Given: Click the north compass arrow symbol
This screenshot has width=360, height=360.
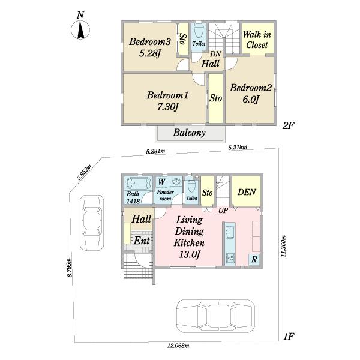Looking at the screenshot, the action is pos(80,30).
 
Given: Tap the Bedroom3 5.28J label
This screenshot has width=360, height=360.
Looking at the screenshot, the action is pos(150,47).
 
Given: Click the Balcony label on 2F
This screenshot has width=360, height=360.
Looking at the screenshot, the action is pos(190,133).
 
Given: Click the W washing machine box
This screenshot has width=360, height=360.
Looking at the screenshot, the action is pos(162,182).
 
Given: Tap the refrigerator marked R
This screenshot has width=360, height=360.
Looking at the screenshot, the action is pos(254,260).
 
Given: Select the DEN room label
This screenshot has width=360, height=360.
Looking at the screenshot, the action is pos(247,192).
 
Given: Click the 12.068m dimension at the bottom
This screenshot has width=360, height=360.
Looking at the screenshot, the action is pos(178,346).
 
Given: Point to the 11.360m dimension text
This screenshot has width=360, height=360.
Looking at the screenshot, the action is pos(284,246).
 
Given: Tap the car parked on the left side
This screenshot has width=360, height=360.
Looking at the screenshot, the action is pos(92,223).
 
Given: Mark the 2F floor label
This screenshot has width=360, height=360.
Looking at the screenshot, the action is pos(289,125).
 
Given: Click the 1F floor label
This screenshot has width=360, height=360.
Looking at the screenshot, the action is pos(289,337).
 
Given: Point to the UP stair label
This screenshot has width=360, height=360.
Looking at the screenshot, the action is pos(223,211).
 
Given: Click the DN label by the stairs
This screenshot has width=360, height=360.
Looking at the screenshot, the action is pos(215,54).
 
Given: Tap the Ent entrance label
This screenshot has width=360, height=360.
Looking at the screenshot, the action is pos(142,241).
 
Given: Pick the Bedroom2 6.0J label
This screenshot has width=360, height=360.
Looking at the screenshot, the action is pos(251,94).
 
